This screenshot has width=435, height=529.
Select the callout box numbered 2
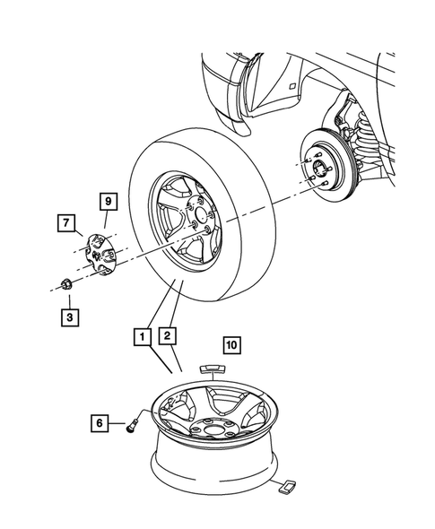167,338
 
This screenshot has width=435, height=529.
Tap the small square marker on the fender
291,86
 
